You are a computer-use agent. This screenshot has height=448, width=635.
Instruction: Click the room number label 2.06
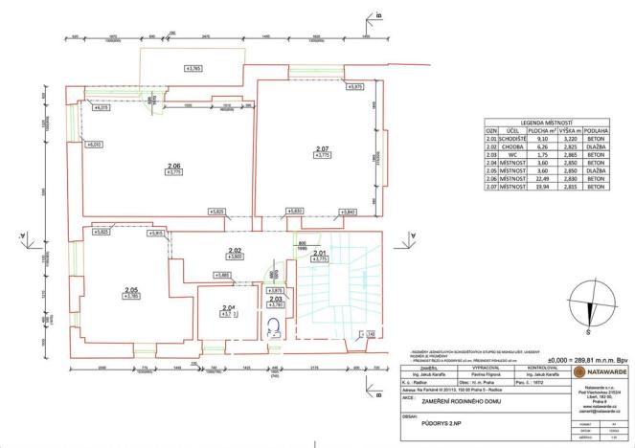tap(173, 167)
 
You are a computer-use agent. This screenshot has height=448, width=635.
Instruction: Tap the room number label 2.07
tap(322, 147)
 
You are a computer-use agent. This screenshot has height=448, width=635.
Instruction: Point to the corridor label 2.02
tap(233, 250)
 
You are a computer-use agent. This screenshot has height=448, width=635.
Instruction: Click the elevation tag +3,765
tap(194, 68)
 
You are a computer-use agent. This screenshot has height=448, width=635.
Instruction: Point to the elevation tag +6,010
tap(96, 144)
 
